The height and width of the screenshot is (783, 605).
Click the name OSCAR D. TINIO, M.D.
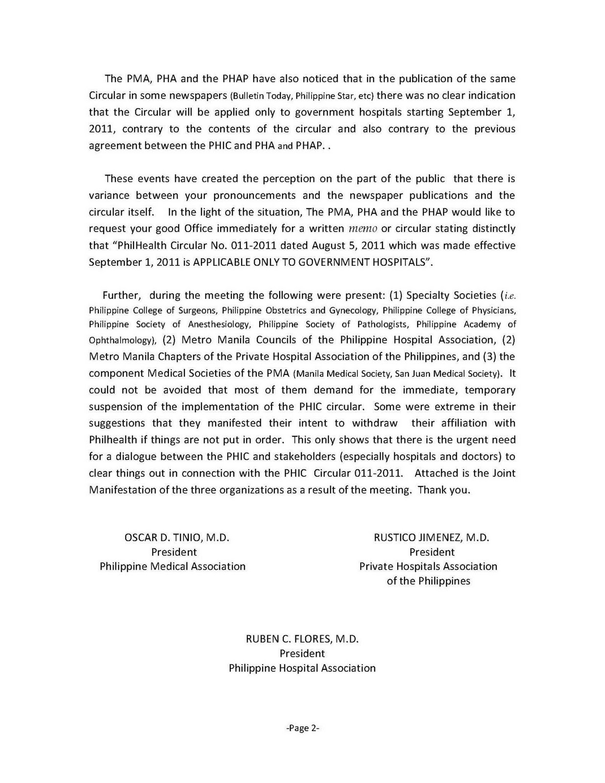pyautogui.click(x=177, y=537)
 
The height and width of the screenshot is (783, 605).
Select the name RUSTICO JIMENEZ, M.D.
pyautogui.click(x=431, y=537)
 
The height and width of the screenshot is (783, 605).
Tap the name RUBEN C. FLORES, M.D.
pyautogui.click(x=302, y=639)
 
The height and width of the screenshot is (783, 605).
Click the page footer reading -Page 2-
pyautogui.click(x=302, y=728)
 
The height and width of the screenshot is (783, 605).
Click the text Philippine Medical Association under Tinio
pyautogui.click(x=173, y=566)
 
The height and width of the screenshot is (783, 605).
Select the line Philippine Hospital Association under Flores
pyautogui.click(x=302, y=668)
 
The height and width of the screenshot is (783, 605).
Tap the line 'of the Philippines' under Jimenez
pyautogui.click(x=428, y=581)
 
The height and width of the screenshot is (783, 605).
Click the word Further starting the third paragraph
pyautogui.click(x=122, y=295)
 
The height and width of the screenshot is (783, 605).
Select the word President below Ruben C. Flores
pyautogui.click(x=302, y=653)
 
